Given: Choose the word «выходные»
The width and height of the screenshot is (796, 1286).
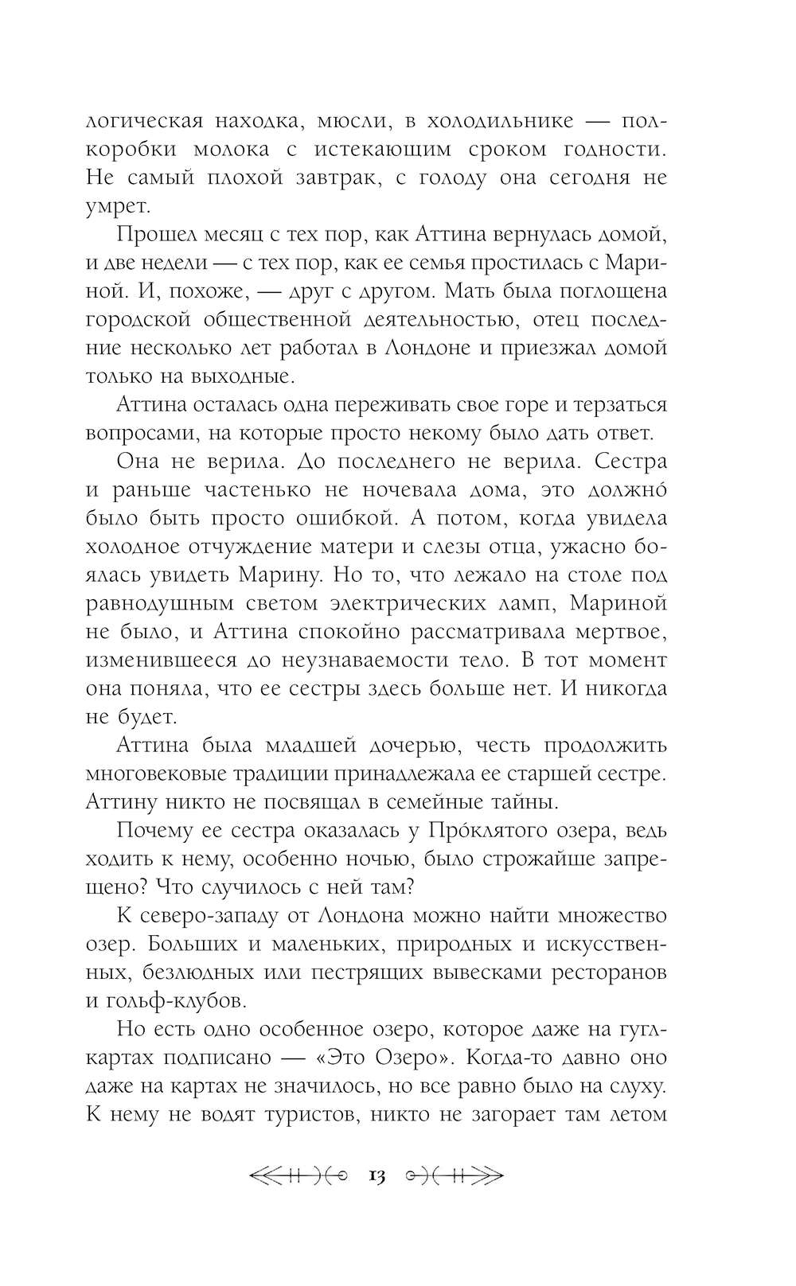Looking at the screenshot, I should pos(243,376).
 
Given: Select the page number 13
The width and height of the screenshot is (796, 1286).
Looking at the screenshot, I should pos(377,1175).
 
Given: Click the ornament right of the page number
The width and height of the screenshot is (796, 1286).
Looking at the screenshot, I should pos(454,1175).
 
